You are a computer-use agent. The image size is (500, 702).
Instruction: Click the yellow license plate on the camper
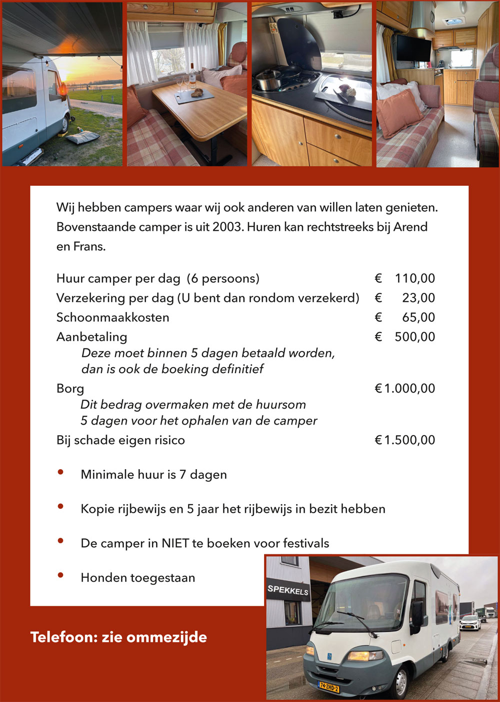pyautogui.click(x=329, y=685)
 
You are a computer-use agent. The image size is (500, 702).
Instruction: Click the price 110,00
pyautogui.click(x=414, y=278)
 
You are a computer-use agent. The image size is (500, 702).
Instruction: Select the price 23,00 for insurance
pyautogui.click(x=418, y=298)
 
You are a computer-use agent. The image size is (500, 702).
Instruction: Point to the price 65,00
pyautogui.click(x=418, y=317)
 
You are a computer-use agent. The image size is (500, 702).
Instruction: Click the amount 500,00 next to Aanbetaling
pyautogui.click(x=414, y=337)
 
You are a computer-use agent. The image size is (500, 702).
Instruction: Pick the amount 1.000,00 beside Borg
pyautogui.click(x=409, y=389)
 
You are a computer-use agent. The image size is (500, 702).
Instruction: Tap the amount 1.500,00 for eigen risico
pyautogui.click(x=409, y=440)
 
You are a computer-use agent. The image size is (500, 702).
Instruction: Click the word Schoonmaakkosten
pyautogui.click(x=112, y=317)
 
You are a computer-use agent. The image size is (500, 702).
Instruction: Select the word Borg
pyautogui.click(x=70, y=389)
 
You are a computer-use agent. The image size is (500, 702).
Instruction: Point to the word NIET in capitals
pyautogui.click(x=174, y=543)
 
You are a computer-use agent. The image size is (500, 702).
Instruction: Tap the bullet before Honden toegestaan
pyautogui.click(x=60, y=575)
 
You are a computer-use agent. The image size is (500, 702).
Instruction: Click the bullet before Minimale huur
pyautogui.click(x=60, y=472)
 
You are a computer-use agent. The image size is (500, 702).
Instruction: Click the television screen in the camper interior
pyautogui.click(x=413, y=48)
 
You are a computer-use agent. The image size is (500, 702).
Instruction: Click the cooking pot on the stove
pyautogui.click(x=269, y=79)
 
